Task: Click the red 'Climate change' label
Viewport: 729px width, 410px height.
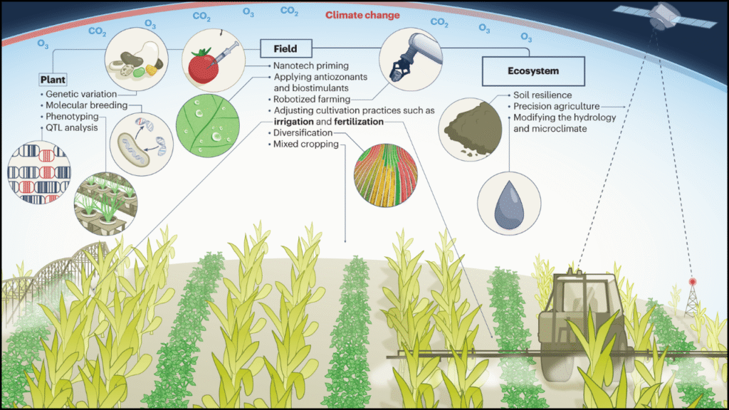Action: pyautogui.click(x=362, y=16)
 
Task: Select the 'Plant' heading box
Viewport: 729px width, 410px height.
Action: pyautogui.click(x=53, y=80)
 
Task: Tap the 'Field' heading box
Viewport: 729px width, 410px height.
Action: pyautogui.click(x=285, y=49)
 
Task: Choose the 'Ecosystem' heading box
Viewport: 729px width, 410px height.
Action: pyautogui.click(x=533, y=71)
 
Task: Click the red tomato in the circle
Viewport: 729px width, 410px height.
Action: pyautogui.click(x=203, y=67)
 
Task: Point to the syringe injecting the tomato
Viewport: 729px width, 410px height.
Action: pyautogui.click(x=224, y=54)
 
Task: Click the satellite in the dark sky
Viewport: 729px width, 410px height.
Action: pyautogui.click(x=665, y=16)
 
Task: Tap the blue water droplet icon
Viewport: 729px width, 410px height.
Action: pyautogui.click(x=509, y=204)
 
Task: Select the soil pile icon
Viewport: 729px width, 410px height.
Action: pyautogui.click(x=470, y=128)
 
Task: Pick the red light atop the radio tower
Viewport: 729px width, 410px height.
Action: pyautogui.click(x=692, y=282)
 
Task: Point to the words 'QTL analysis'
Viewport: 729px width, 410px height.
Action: pyautogui.click(x=72, y=128)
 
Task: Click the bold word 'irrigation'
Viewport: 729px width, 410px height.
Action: pyautogui.click(x=293, y=122)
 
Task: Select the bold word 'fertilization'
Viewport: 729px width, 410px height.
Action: pyautogui.click(x=359, y=122)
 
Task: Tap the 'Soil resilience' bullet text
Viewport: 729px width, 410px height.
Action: pyautogui.click(x=542, y=95)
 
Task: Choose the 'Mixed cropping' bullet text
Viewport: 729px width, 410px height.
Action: pyautogui.click(x=306, y=144)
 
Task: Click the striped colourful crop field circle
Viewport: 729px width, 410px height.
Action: pyautogui.click(x=385, y=175)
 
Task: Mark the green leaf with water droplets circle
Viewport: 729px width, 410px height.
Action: pyautogui.click(x=208, y=125)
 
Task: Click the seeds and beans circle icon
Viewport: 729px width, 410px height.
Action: pyautogui.click(x=136, y=59)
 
